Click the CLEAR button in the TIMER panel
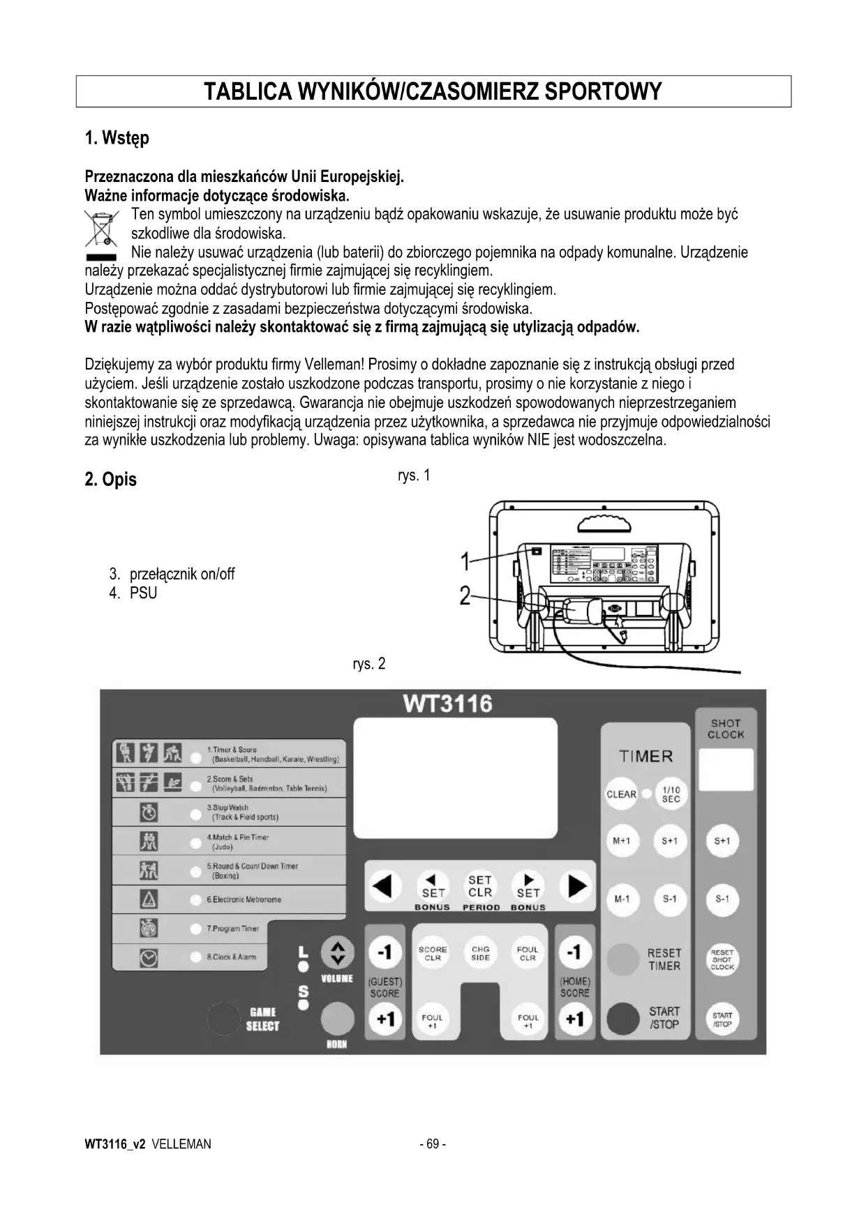click(621, 794)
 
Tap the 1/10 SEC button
click(671, 794)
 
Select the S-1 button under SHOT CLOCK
click(722, 899)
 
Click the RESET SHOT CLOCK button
click(722, 959)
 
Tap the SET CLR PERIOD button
click(480, 887)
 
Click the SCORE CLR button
click(433, 953)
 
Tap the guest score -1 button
click(385, 952)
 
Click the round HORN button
click(337, 1019)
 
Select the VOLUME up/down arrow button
click(337, 953)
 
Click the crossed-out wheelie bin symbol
click(101, 228)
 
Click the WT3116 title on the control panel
click(447, 704)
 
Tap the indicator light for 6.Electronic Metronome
click(196, 899)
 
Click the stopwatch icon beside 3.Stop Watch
click(149, 812)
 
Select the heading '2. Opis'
click(110, 479)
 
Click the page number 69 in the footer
click(433, 1144)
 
